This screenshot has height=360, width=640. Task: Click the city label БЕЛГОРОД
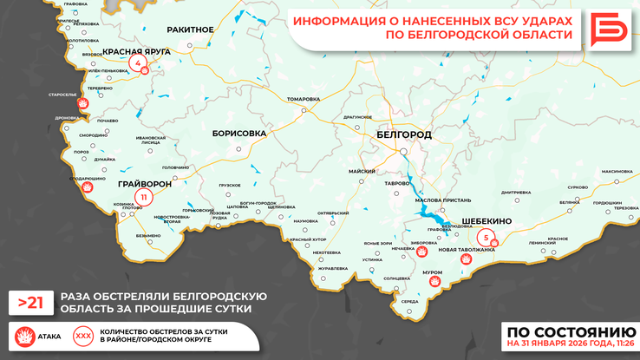pyautogui.click(x=404, y=136)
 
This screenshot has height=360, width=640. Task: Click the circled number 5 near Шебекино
pyautogui.click(x=487, y=236)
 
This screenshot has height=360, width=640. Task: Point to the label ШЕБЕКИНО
pyautogui.click(x=487, y=221)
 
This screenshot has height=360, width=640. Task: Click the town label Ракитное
pyautogui.click(x=190, y=29)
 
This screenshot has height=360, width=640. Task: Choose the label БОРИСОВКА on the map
pyautogui.click(x=238, y=134)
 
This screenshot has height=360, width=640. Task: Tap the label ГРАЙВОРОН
pyautogui.click(x=144, y=184)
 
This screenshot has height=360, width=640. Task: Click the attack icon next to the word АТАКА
pyautogui.click(x=23, y=335)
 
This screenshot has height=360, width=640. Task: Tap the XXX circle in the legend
pyautogui.click(x=83, y=335)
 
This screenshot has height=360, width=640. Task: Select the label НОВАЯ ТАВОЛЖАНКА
pyautogui.click(x=467, y=249)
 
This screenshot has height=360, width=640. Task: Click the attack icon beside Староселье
pyautogui.click(x=82, y=103)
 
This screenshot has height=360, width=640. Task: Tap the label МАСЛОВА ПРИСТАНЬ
pyautogui.click(x=443, y=200)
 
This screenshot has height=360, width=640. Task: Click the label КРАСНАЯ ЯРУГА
pyautogui.click(x=136, y=51)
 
